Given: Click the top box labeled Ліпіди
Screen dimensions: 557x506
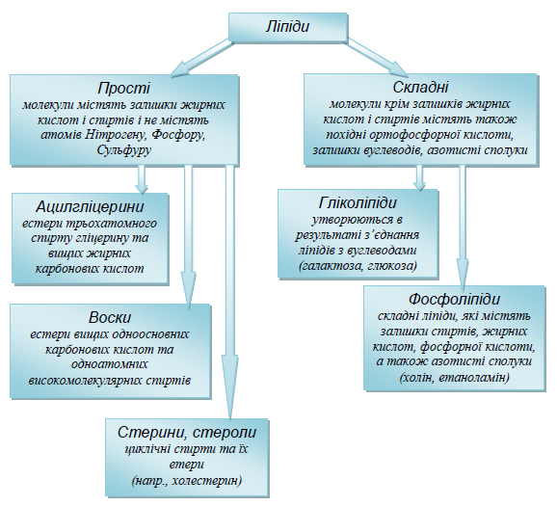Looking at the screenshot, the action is tap(287, 27).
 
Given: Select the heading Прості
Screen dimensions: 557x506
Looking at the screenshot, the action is tap(124, 88).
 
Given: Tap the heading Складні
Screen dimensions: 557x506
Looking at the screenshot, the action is tap(420, 87).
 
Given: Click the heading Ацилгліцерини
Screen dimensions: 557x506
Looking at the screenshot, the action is tap(90, 206).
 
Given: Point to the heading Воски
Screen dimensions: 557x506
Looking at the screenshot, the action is tap(110, 317).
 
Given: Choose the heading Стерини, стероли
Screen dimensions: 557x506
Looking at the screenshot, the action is tap(187, 433).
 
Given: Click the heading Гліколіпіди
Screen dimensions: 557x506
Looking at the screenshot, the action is tap(358, 203).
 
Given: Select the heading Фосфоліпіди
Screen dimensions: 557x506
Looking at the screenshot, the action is tap(454, 299).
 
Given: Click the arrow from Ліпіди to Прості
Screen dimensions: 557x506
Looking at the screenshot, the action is tap(201, 58).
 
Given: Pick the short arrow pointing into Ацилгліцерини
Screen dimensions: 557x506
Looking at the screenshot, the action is tap(142, 179).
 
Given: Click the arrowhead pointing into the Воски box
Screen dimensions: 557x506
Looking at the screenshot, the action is tap(189, 288).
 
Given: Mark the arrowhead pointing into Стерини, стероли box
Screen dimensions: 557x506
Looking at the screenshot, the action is tap(229, 386).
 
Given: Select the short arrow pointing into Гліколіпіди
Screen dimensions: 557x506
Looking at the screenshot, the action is tap(420, 177).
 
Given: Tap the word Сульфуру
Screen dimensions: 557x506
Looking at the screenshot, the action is tap(124, 150).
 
